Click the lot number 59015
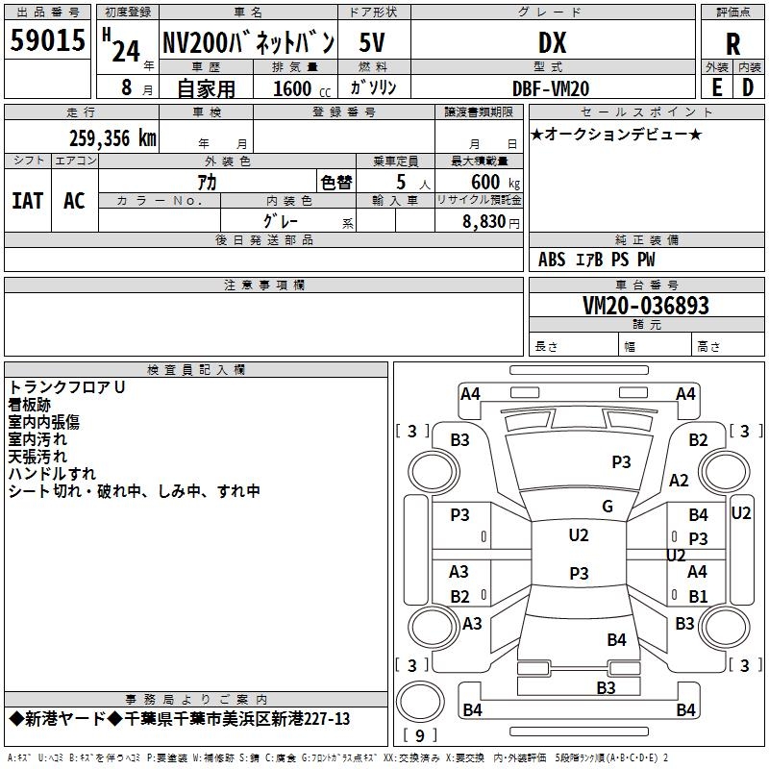[x=47, y=40]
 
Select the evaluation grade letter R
[x=733, y=42]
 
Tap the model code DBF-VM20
[x=551, y=87]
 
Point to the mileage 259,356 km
[x=112, y=138]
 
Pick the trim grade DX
[x=551, y=42]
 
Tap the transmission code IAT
[x=28, y=201]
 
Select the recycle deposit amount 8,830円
[x=490, y=222]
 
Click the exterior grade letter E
[x=716, y=87]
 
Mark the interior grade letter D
[x=748, y=87]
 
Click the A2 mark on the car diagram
[x=679, y=481]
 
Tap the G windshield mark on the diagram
[x=608, y=507]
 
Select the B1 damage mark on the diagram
[x=697, y=596]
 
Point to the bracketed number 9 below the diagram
[x=419, y=735]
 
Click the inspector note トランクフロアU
[x=67, y=387]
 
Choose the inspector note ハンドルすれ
[x=52, y=474]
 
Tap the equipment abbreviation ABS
[x=552, y=260]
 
